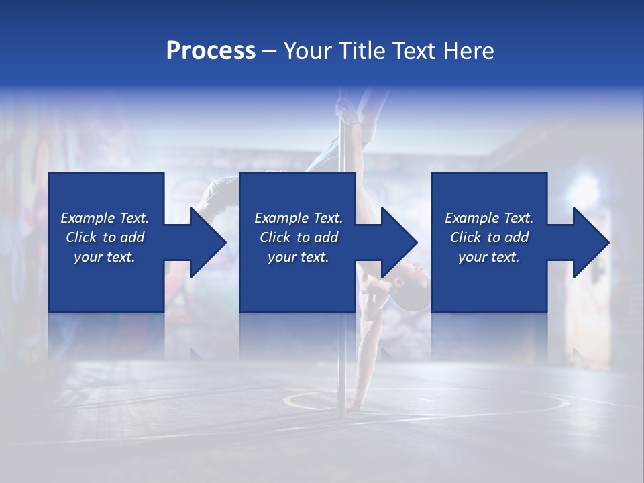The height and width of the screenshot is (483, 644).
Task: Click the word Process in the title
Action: tap(211, 51)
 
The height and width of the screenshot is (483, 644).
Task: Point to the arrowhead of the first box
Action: tap(208, 242)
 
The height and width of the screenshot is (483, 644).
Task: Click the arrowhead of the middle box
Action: tap(400, 242)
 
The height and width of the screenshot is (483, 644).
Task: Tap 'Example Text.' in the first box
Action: tap(105, 218)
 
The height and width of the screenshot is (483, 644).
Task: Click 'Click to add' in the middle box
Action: tap(299, 237)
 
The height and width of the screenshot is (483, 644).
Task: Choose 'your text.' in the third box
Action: tap(489, 257)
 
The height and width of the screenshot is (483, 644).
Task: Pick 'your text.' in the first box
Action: tap(105, 257)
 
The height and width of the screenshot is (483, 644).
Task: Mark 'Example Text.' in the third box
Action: tap(489, 218)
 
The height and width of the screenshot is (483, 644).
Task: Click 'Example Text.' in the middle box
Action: tap(299, 218)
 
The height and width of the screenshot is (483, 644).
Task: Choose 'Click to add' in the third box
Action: tap(489, 237)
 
